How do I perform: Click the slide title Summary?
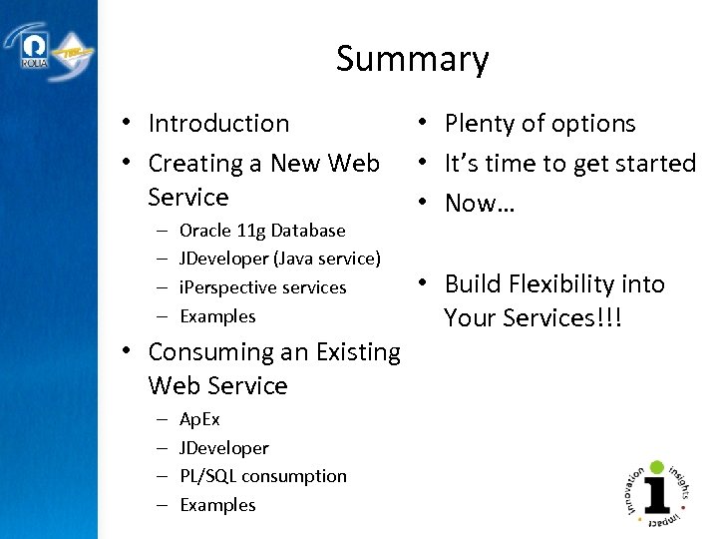pos(412,60)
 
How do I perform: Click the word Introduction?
pos(218,124)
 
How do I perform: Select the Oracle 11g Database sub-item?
pos(262,231)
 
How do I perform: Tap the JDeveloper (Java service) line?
pos(280,259)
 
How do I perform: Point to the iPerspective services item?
pos(263,287)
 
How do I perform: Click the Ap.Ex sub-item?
pos(199,419)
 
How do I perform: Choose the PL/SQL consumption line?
pos(263,476)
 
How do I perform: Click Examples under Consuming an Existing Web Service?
pos(217,505)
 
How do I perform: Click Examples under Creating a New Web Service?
pos(217,316)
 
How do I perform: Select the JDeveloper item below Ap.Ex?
pos(224,448)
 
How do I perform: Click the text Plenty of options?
pos(539,124)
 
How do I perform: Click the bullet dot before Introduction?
pos(129,125)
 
